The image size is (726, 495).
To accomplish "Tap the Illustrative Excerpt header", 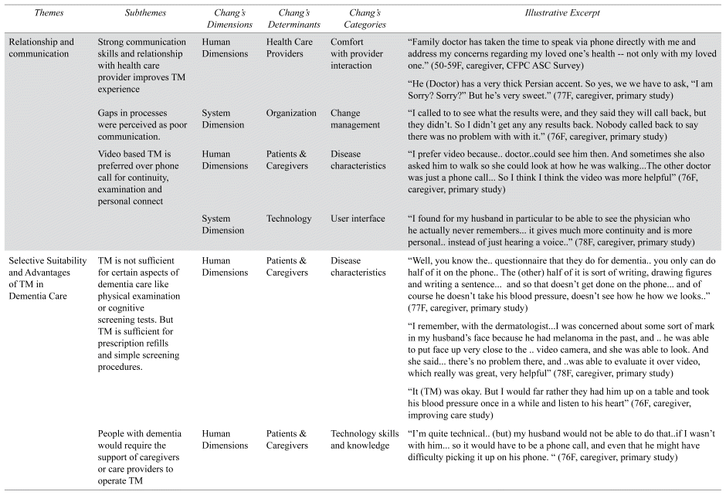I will tap(561, 14).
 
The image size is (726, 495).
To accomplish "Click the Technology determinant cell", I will tap(289, 219).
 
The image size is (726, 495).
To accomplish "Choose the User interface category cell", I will tap(357, 219).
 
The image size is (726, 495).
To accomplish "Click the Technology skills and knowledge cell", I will tap(365, 439).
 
